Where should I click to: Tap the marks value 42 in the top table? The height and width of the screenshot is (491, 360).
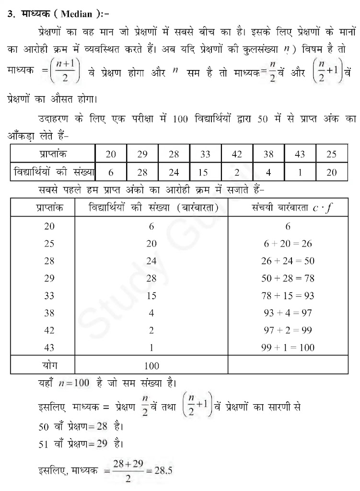pyautogui.click(x=237, y=154)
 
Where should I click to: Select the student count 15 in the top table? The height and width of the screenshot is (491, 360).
pyautogui.click(x=205, y=172)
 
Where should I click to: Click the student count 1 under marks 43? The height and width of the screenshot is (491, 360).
pyautogui.click(x=300, y=172)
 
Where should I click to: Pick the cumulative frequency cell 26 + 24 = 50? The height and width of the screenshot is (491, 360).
pyautogui.click(x=288, y=261)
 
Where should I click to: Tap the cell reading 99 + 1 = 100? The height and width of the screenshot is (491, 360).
pyautogui.click(x=288, y=348)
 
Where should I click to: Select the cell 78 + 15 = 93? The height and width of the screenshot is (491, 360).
pyautogui.click(x=288, y=296)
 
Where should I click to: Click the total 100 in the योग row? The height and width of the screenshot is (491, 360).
pyautogui.click(x=151, y=366)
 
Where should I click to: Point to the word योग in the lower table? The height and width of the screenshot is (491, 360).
pyautogui.click(x=49, y=365)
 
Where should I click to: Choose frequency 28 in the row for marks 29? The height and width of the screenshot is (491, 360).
pyautogui.click(x=151, y=279)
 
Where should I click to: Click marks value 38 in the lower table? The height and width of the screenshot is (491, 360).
pyautogui.click(x=49, y=313)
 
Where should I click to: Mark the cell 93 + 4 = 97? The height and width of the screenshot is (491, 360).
pyautogui.click(x=288, y=313)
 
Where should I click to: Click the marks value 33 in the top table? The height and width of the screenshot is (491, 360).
pyautogui.click(x=205, y=154)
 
